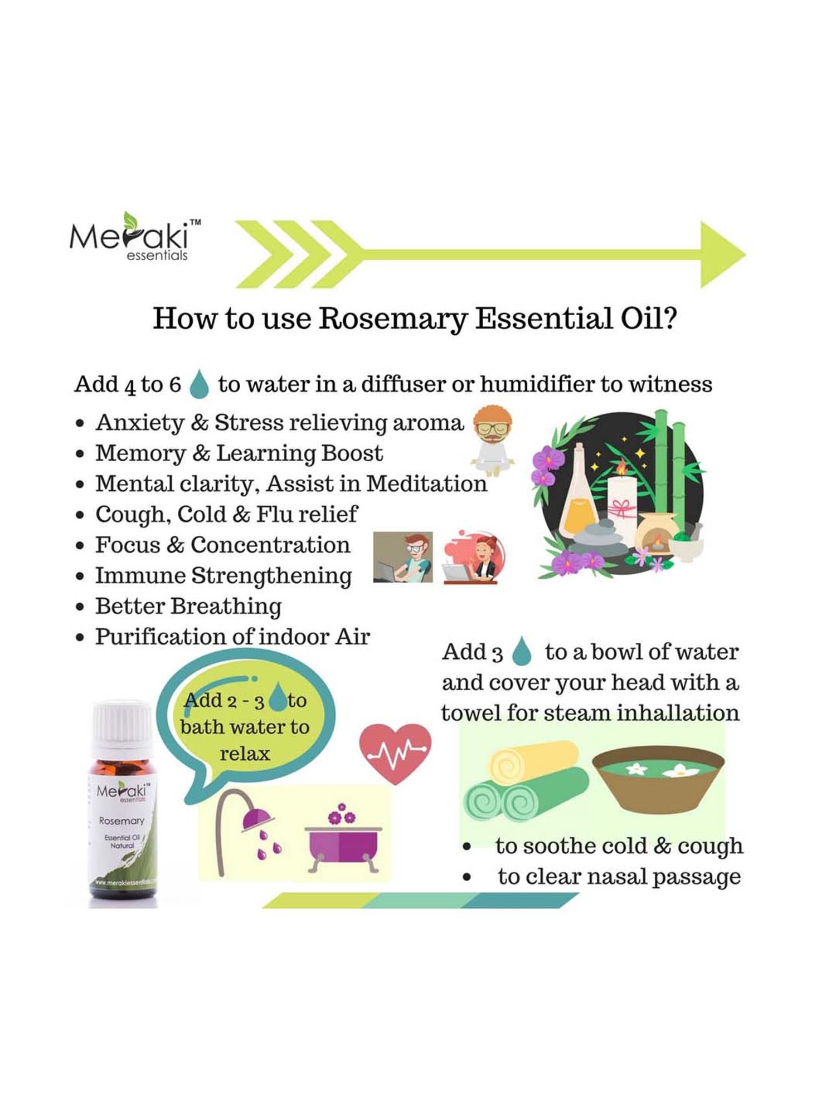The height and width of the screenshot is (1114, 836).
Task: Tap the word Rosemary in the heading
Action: tap(393, 319)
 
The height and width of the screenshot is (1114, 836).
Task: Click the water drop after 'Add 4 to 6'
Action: tap(199, 385)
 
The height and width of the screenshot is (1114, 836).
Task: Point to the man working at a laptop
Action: tap(403, 557)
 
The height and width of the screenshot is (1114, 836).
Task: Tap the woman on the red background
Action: tap(474, 557)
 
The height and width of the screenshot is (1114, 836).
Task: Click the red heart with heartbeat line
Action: tap(395, 753)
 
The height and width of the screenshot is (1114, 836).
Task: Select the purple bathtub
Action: tap(343, 847)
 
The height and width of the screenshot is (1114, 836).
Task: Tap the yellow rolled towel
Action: tap(532, 762)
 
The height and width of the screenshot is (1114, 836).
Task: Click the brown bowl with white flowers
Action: tap(658, 779)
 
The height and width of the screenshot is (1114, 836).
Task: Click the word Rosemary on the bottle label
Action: tap(121, 821)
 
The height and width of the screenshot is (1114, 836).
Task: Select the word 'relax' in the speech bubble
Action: tap(245, 754)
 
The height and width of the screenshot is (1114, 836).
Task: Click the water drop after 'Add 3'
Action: tap(522, 651)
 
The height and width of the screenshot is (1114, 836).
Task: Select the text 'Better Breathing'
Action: tap(188, 607)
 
